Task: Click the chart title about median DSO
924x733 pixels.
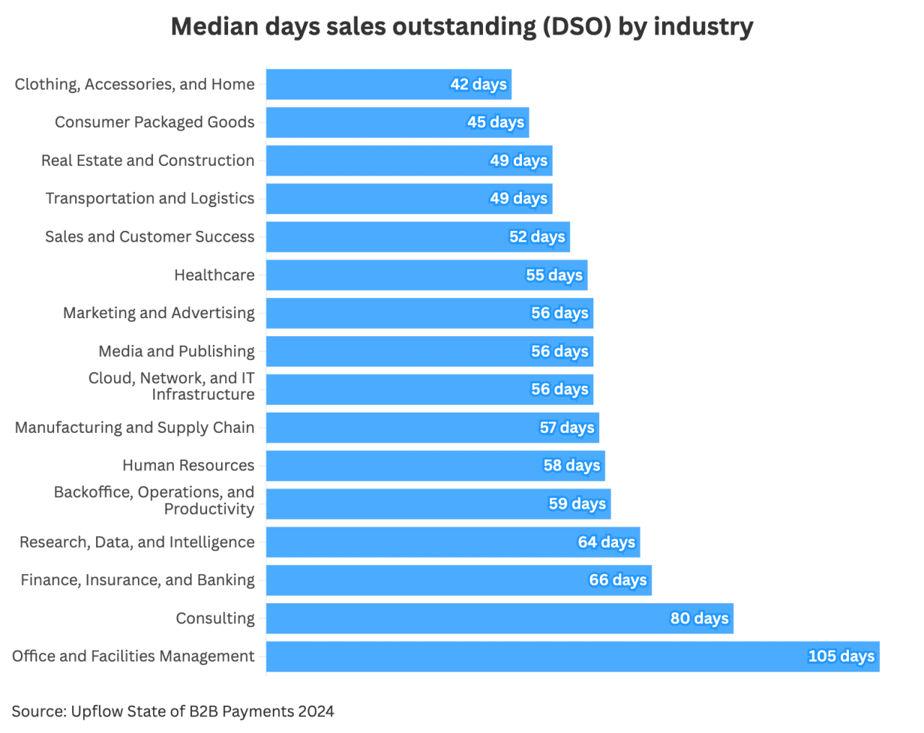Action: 462,27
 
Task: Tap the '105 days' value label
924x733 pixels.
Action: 841,657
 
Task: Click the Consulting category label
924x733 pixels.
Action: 215,618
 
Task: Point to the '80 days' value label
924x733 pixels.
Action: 699,618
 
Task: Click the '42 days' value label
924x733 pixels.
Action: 479,84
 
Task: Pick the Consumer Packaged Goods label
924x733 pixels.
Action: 154,122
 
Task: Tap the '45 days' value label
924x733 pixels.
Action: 495,122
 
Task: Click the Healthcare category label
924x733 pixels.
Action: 214,275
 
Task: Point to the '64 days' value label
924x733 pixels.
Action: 606,542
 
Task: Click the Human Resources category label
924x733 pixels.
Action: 188,465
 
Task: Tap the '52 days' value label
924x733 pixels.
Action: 537,237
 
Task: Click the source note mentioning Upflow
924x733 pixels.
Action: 173,711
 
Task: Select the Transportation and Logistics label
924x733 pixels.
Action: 150,198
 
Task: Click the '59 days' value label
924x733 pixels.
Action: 577,504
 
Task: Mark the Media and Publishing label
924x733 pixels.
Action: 177,351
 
